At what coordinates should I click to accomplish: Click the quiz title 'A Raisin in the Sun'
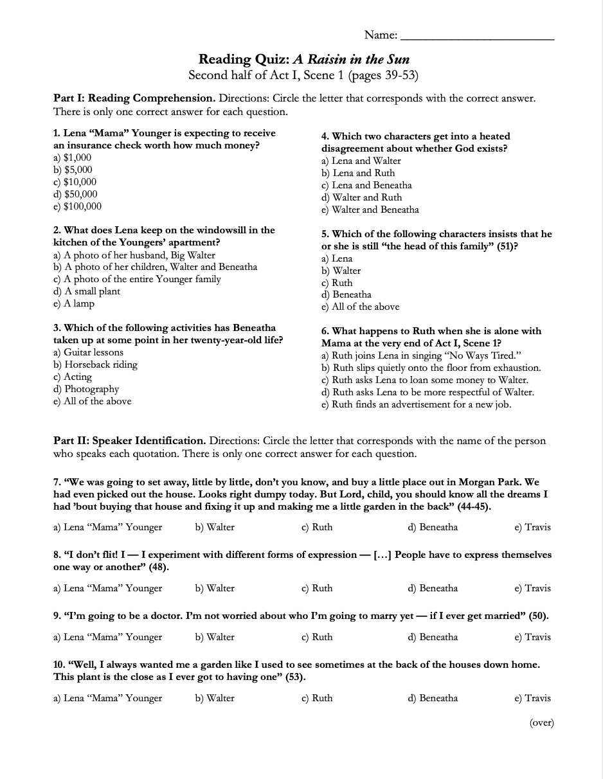click(x=351, y=60)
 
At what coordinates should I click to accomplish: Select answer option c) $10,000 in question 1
click(x=75, y=182)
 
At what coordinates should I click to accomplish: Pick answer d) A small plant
click(x=87, y=291)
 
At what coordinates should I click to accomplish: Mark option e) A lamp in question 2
click(x=74, y=303)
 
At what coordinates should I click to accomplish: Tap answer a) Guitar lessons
click(x=88, y=352)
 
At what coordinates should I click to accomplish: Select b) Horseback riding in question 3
click(x=95, y=364)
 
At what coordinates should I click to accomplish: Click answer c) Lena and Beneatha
click(x=366, y=185)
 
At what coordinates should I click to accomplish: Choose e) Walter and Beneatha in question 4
click(x=370, y=210)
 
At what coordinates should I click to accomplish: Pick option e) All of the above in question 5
click(x=360, y=307)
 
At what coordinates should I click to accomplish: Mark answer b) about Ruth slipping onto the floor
click(x=431, y=368)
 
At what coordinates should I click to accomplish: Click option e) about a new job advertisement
click(x=416, y=404)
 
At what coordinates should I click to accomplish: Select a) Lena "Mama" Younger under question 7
click(x=107, y=527)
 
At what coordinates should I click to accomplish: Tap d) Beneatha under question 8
click(x=433, y=588)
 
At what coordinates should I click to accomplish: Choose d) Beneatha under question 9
click(x=433, y=637)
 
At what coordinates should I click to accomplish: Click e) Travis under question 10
click(x=532, y=698)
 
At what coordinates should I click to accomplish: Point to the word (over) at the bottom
click(x=541, y=722)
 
